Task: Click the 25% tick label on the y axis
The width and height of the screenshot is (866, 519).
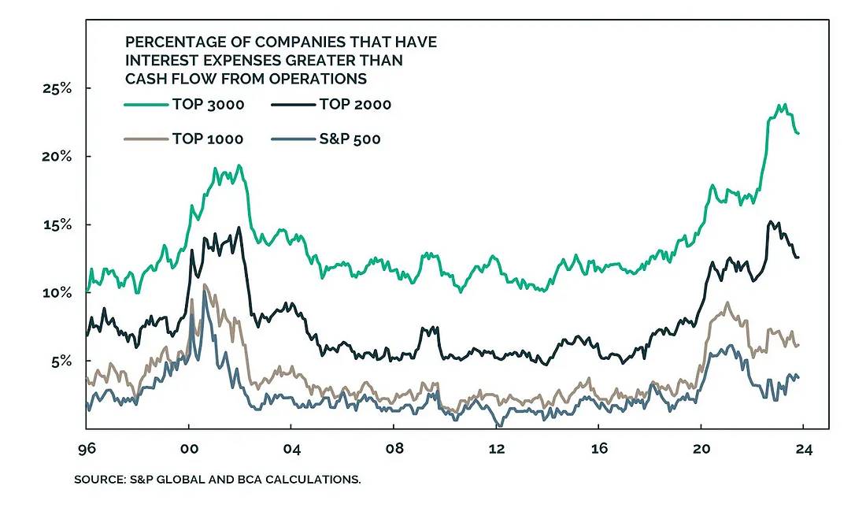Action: pos(57,88)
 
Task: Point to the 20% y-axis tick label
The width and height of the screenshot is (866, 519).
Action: pos(57,156)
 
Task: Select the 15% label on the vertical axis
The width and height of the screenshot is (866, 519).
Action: pos(57,224)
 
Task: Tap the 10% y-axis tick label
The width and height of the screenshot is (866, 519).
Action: pos(57,293)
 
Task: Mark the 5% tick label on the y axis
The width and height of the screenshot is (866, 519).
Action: pos(60,361)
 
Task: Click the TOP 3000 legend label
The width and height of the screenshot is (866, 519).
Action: pos(209,103)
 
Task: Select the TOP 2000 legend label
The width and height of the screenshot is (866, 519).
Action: pos(355,103)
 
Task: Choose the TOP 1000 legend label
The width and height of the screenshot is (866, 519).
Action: pos(208,139)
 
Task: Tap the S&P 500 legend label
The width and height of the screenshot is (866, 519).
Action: pos(351,139)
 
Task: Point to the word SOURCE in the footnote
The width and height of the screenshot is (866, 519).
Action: pos(100,479)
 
